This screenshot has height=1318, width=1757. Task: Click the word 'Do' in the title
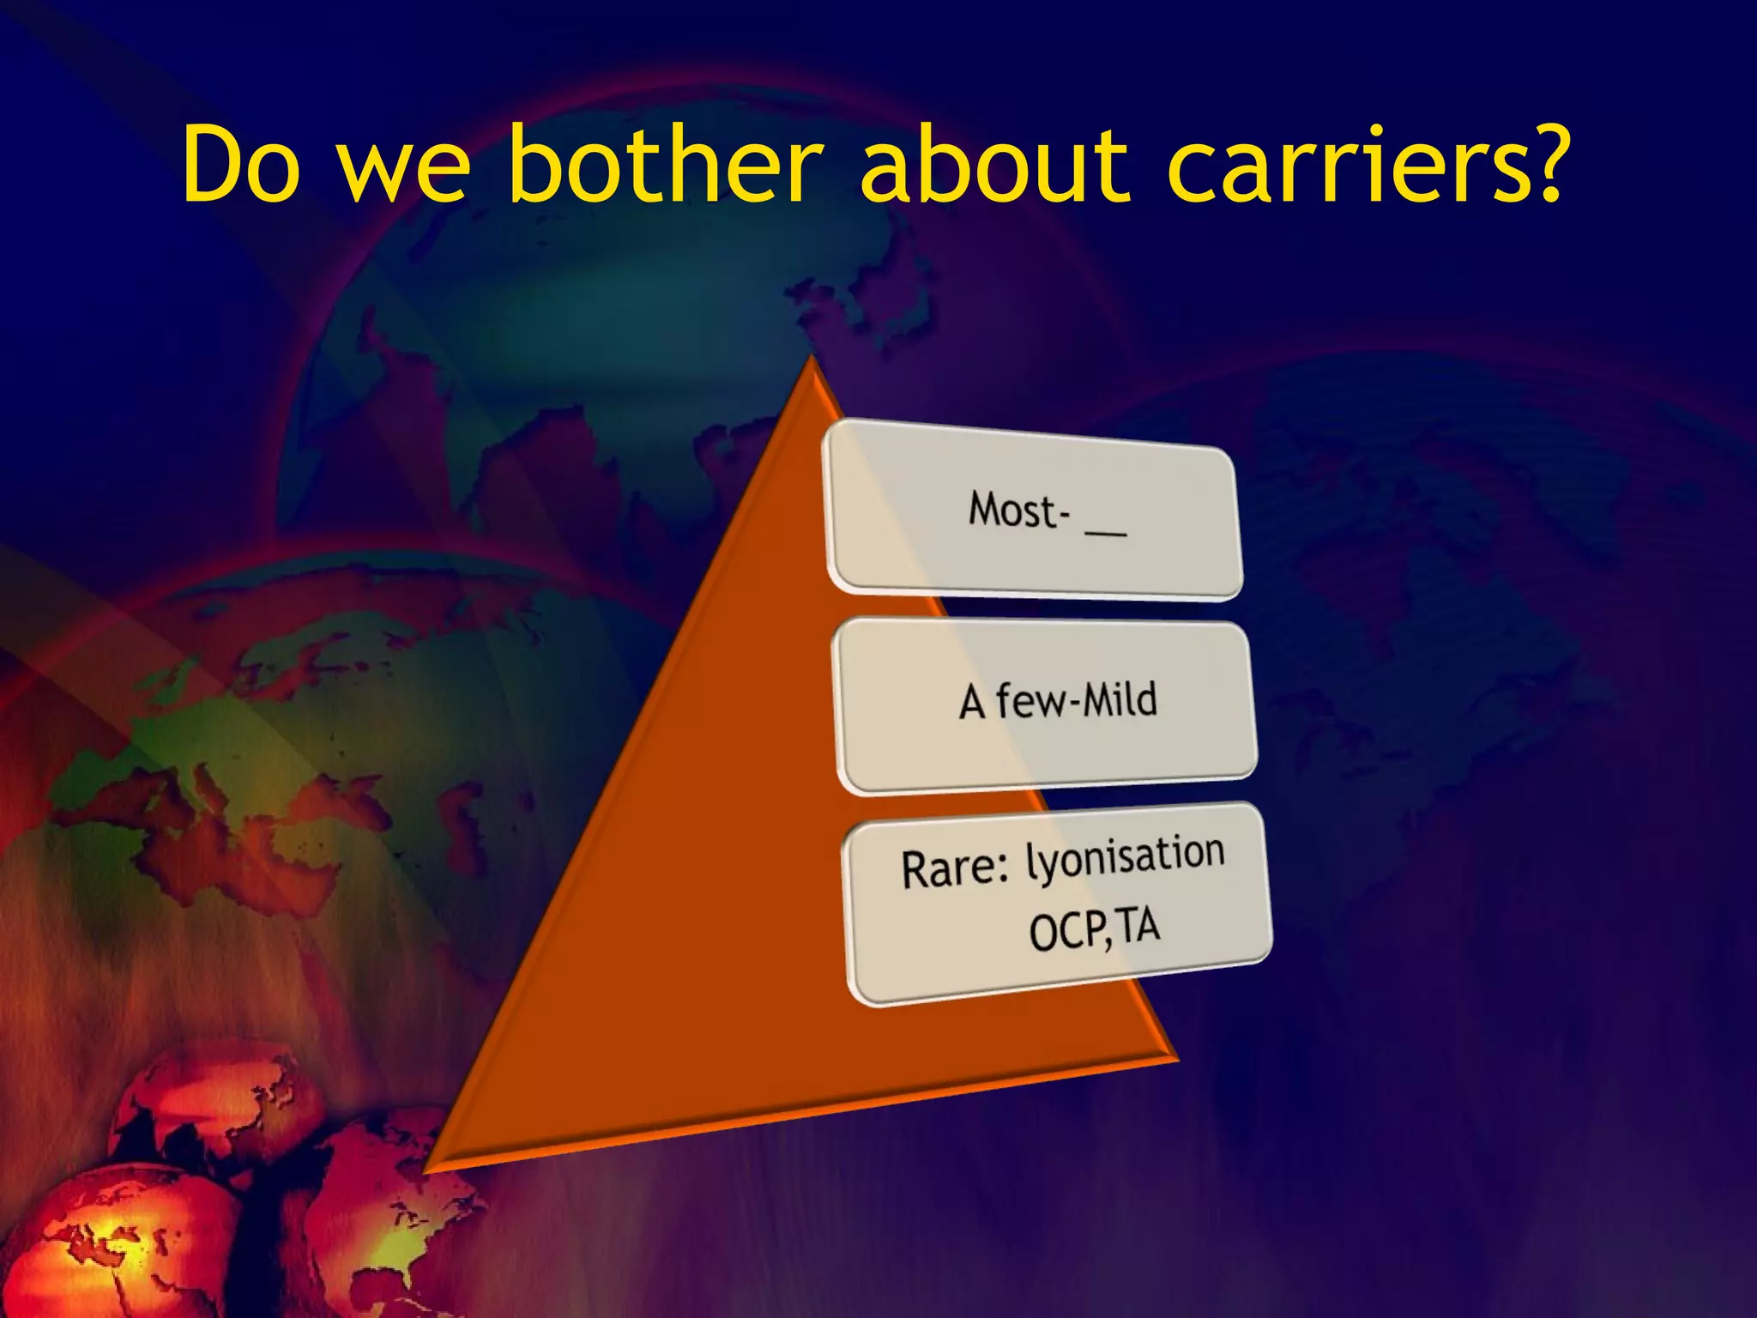[x=241, y=165]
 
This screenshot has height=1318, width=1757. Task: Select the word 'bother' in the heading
[x=664, y=165]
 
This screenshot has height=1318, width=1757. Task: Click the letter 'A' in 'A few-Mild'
[x=972, y=703]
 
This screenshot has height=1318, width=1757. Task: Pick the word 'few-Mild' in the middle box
[x=1077, y=700]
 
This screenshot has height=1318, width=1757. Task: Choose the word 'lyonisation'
[x=1125, y=856]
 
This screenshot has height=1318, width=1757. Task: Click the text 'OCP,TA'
[x=1094, y=929]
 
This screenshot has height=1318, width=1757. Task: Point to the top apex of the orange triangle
[x=810, y=360]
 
